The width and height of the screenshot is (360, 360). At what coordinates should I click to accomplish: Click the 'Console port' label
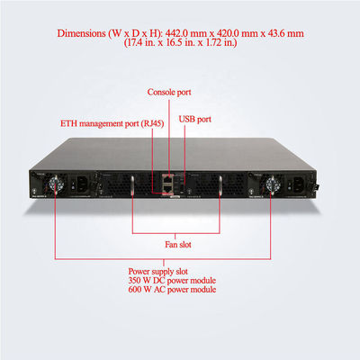[x=169, y=92]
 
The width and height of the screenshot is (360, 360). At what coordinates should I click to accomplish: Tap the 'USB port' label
[x=195, y=119]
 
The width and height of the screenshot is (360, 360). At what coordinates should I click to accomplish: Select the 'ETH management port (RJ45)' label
[x=112, y=123]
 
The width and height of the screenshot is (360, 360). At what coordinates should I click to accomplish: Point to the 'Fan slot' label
[x=178, y=245]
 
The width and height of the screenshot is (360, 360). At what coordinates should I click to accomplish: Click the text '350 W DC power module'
[x=172, y=281]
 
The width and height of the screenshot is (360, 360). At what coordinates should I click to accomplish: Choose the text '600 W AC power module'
[x=172, y=290]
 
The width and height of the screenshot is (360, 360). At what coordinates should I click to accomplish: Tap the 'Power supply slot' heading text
[x=158, y=272]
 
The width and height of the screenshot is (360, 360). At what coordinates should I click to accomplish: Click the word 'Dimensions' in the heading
[x=81, y=33]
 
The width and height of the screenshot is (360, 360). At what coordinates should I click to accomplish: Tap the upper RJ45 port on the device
[x=167, y=179]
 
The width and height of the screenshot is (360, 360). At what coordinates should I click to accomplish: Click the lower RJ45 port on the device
[x=167, y=188]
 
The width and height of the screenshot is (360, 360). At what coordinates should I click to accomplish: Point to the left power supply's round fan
[x=55, y=184]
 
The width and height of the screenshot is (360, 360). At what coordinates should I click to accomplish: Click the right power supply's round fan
[x=271, y=184]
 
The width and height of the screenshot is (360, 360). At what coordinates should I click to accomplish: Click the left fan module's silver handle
[x=132, y=187]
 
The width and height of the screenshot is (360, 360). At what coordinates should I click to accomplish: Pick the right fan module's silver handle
[x=220, y=187]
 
